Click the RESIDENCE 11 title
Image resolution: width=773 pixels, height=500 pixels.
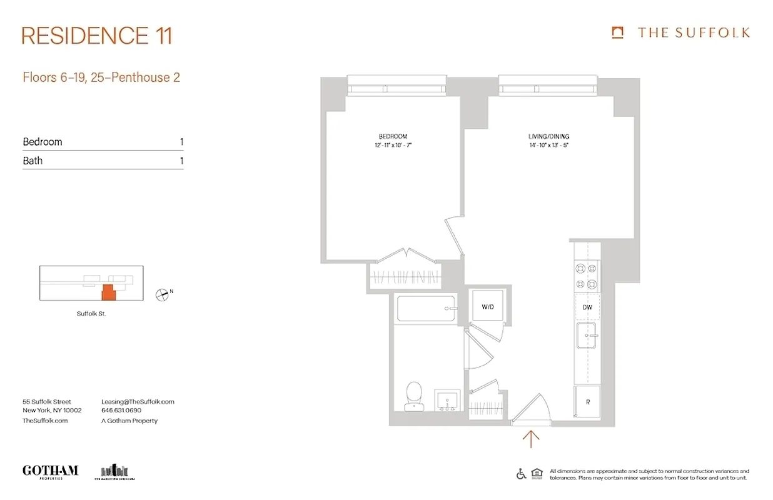tap(96, 36)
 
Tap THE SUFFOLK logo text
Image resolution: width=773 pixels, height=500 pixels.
tap(693, 33)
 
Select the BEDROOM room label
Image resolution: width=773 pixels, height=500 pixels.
tap(393, 136)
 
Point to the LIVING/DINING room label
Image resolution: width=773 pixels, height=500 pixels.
tap(548, 136)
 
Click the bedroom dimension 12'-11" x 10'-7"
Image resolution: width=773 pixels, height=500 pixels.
tap(393, 145)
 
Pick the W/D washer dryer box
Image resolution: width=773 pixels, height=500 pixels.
tap(488, 307)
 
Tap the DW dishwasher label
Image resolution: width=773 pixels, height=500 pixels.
tap(587, 307)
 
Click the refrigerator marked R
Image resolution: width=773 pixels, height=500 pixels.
tap(587, 403)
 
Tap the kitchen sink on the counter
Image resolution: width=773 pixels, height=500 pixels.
tap(587, 337)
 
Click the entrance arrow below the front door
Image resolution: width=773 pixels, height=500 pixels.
tap(531, 439)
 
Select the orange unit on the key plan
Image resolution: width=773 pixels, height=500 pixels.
tap(109, 292)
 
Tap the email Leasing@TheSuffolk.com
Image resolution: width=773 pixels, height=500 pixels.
tap(138, 402)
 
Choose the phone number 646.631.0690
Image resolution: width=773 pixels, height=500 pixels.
tap(121, 411)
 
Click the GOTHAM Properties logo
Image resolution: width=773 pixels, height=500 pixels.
tap(50, 471)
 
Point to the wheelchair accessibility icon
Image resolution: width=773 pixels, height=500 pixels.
tap(521, 474)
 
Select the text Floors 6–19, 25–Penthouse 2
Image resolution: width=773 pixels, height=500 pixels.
tap(101, 77)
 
